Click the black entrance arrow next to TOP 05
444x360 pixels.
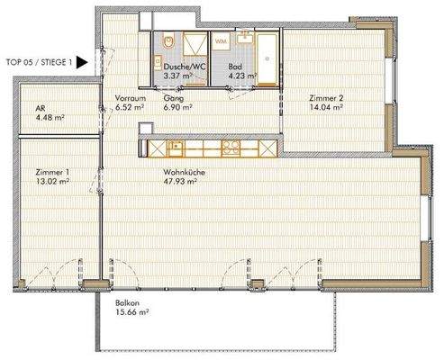[81, 63]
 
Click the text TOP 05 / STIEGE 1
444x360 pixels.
[37, 63]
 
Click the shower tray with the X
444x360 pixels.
[195, 45]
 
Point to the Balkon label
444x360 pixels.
[126, 303]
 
